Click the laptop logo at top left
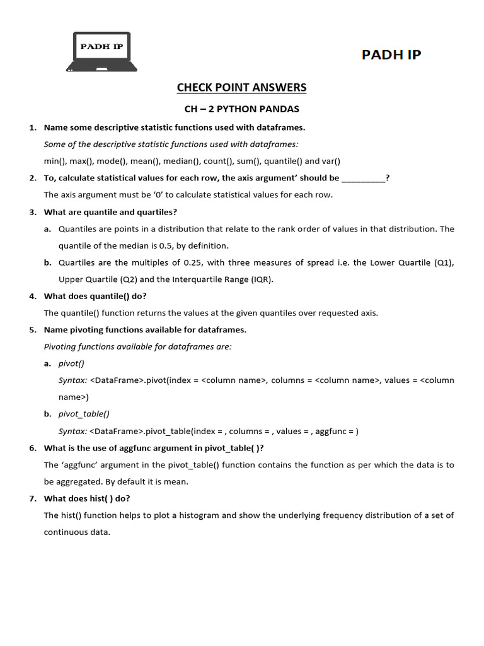[102, 52]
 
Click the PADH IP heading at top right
[391, 54]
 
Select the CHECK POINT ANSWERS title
[241, 88]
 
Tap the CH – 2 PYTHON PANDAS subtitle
[241, 109]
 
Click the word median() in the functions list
[181, 161]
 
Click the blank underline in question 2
[363, 178]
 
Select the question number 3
[33, 212]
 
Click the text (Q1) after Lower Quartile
[444, 262]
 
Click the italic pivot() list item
[71, 364]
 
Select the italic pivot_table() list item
[84, 414]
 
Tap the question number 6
[33, 448]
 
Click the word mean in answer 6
[178, 481]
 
